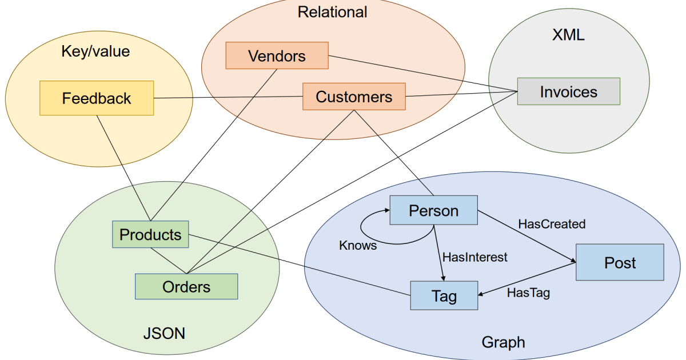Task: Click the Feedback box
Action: [97, 98]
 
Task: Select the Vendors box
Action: [277, 56]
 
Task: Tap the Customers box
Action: [354, 97]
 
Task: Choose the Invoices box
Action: [568, 91]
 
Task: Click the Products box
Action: [150, 234]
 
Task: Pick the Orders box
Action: [186, 286]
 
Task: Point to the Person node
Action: [433, 210]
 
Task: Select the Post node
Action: [620, 262]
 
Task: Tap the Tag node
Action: [444, 295]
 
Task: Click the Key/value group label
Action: [95, 51]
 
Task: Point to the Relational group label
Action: [332, 11]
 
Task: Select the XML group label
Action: [568, 35]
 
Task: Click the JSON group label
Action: [164, 333]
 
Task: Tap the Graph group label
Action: [503, 342]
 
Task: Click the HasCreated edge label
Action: [552, 224]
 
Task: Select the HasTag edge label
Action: [528, 293]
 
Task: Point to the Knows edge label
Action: [358, 245]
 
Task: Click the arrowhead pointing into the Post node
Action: [572, 262]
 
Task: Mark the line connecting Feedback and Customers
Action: [229, 98]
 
